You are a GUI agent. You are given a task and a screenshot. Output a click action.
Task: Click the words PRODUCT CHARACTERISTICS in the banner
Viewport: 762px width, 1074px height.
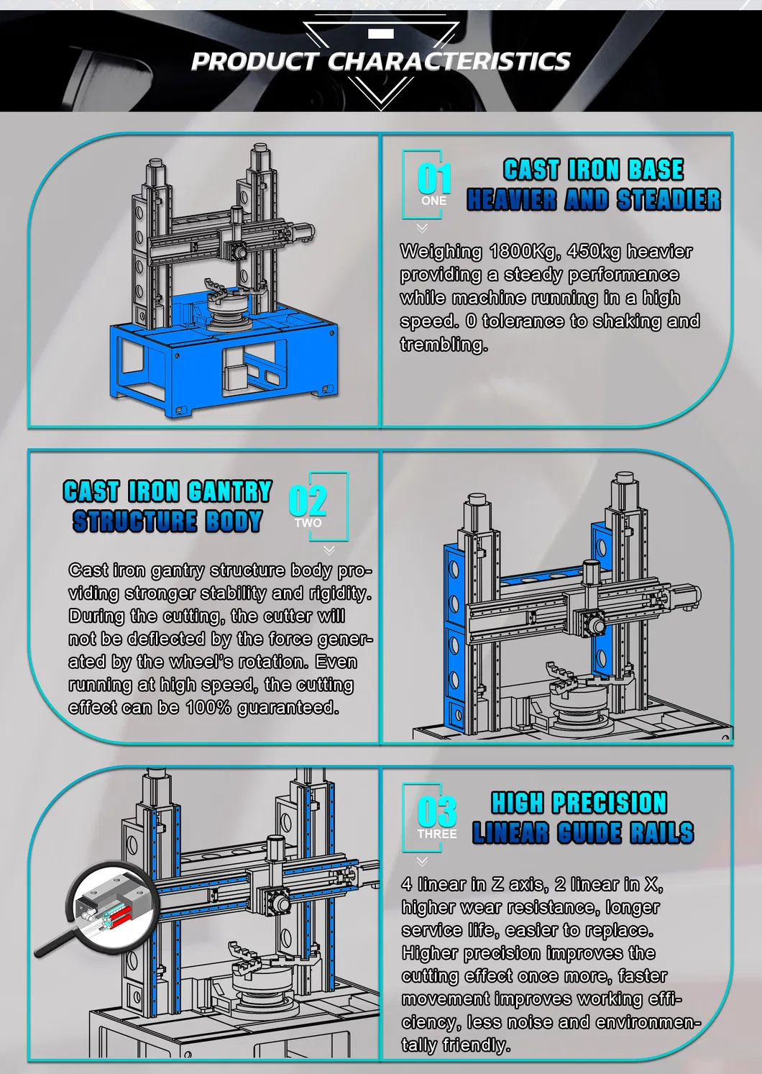coord(380,62)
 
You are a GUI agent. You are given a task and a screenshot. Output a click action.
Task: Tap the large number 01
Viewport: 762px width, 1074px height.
coord(434,178)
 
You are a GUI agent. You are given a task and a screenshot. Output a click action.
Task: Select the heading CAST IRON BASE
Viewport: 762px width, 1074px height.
coord(593,170)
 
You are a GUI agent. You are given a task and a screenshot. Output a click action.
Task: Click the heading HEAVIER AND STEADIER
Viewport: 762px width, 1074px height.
coord(593,200)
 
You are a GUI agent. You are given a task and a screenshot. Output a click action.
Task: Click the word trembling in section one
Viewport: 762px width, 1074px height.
coord(444,345)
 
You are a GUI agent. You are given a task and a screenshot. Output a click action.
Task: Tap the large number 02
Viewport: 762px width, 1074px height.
coord(308,501)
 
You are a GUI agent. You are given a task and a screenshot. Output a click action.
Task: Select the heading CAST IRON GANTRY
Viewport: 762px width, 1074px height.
coord(167,491)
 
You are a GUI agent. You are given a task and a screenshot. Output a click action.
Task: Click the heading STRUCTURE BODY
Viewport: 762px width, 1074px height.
coord(167,522)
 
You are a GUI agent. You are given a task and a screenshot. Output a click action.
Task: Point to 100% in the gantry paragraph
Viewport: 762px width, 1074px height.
coord(208,708)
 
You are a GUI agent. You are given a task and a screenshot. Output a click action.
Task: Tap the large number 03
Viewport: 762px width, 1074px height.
coord(436,811)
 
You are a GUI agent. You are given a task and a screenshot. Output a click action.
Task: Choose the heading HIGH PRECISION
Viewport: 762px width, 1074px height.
coord(579,803)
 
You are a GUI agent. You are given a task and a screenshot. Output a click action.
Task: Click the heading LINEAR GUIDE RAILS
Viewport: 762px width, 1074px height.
coord(583,833)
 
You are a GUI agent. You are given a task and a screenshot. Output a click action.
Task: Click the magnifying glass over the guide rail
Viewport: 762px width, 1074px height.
coord(108,903)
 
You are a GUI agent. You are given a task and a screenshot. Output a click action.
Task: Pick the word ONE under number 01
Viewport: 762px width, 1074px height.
coord(433,201)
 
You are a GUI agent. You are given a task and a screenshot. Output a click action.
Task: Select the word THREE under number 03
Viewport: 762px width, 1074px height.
coord(437,834)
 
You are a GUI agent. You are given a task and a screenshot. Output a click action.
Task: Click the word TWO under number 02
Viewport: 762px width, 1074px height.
coord(308,523)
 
